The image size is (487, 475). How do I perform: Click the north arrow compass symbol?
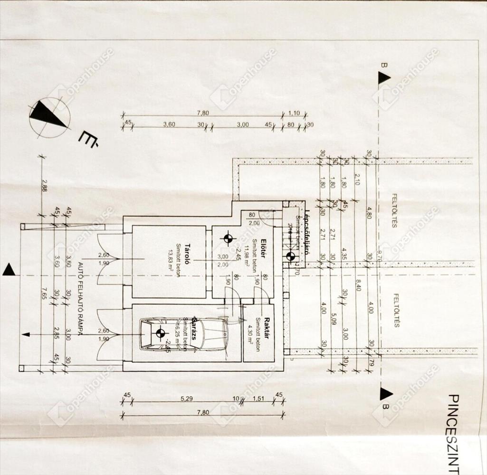point(49,117)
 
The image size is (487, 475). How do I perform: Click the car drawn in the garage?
point(185,334)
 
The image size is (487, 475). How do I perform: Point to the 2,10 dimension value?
point(357,179)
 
